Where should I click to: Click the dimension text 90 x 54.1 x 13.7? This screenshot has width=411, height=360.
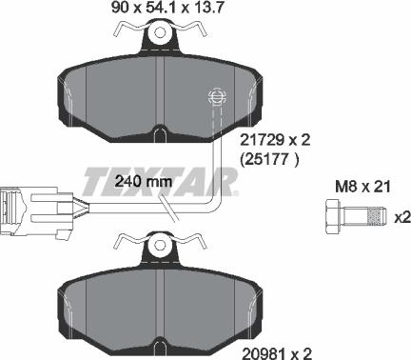point(156,10)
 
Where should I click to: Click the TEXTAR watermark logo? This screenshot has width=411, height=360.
point(167,175)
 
